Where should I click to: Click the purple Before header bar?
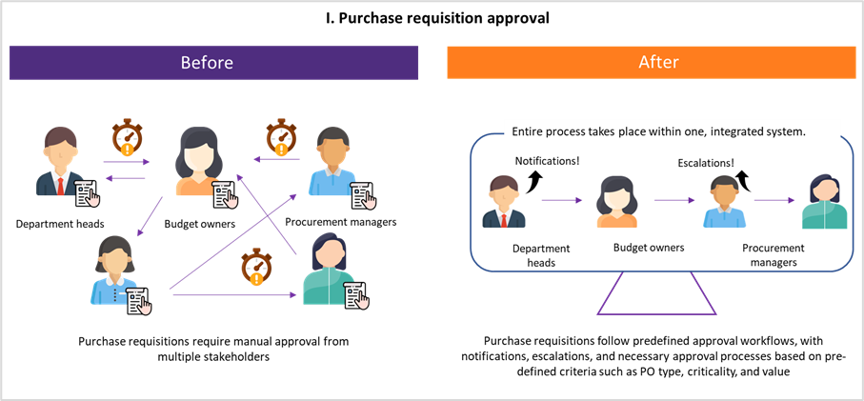tap(213, 63)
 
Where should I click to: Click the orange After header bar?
tap(652, 63)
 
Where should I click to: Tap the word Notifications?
tap(547, 162)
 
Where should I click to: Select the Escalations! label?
tap(705, 163)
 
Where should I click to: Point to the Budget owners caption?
tap(649, 248)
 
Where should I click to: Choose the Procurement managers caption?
tap(772, 254)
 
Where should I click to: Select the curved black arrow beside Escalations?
tap(742, 180)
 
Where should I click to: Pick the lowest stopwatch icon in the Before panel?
tap(254, 268)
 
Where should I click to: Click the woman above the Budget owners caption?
tap(616, 201)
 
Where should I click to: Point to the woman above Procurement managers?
tap(823, 201)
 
